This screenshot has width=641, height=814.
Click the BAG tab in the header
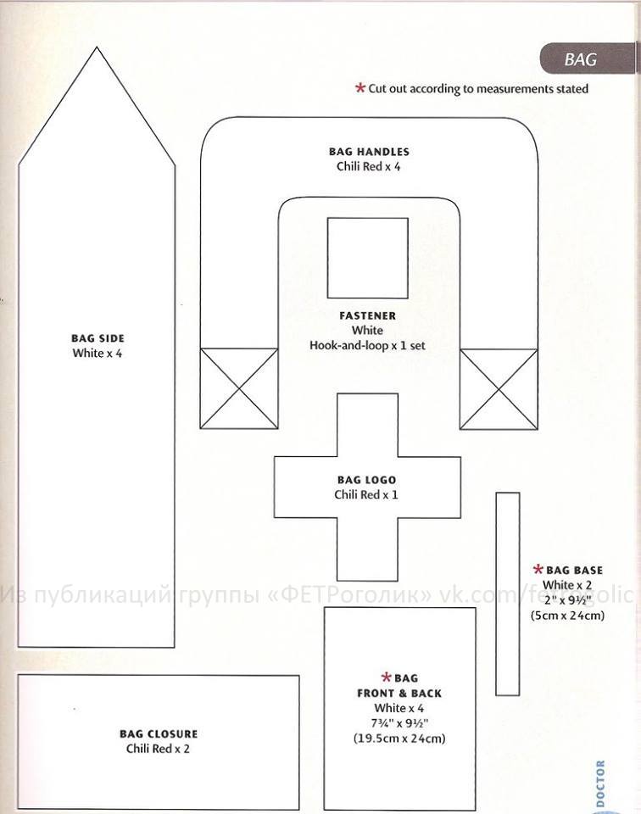coord(588,59)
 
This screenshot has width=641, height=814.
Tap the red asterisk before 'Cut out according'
coord(360,88)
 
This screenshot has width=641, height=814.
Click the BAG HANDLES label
coord(369,152)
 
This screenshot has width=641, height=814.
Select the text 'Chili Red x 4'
coord(369,167)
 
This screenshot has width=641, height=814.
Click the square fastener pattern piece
coord(367,258)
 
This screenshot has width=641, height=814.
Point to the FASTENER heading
coord(367,315)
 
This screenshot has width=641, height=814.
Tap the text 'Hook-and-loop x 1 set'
coord(367,345)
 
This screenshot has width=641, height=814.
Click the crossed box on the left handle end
coord(239,388)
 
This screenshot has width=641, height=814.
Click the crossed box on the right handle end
coord(499,389)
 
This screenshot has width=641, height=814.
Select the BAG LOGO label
coord(366,480)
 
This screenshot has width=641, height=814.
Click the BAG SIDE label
coord(98,338)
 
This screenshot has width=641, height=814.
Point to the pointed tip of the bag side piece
coord(97,47)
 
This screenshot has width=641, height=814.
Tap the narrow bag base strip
coord(508,594)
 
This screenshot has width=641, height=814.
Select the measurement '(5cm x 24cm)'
coord(567,616)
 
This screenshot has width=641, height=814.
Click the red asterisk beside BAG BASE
coord(538,570)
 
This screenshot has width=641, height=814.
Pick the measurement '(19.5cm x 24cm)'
coord(399,739)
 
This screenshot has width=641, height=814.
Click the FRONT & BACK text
coord(399,693)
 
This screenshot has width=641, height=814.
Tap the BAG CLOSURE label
coord(159,734)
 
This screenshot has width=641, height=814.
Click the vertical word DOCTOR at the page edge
coord(600,783)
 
